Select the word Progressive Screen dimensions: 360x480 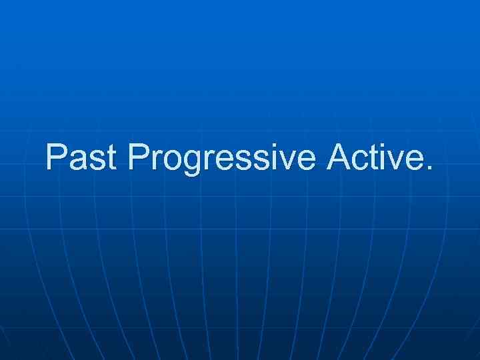click(x=223, y=158)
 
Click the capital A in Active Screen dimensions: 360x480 click(x=339, y=157)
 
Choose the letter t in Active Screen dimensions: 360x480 click(x=375, y=158)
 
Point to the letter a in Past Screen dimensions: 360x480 click(x=80, y=161)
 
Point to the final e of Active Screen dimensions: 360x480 click(x=414, y=161)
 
